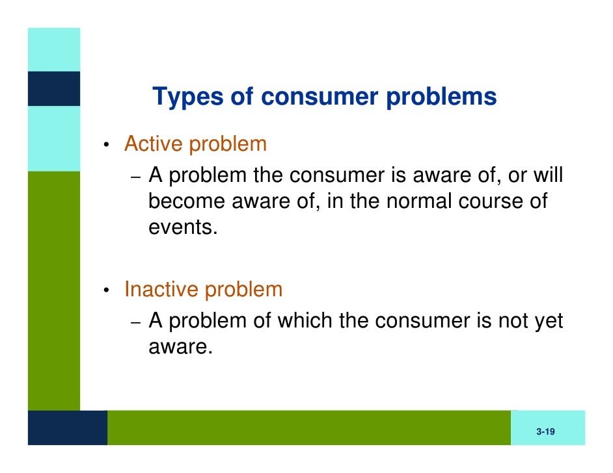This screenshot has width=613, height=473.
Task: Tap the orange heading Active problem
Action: (195, 144)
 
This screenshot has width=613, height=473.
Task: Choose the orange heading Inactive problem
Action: (203, 289)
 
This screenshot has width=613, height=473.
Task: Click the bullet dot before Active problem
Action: (104, 145)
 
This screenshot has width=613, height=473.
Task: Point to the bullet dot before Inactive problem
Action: (104, 290)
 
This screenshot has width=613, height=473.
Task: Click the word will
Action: (547, 175)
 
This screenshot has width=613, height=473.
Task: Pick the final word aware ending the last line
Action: (180, 347)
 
